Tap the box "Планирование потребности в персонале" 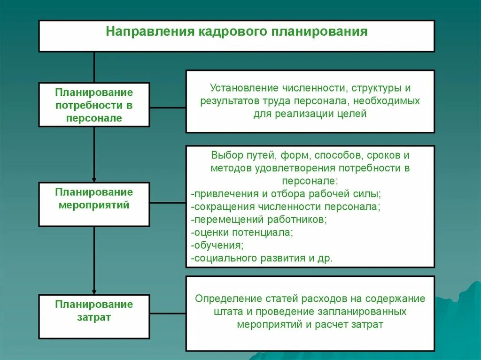94,105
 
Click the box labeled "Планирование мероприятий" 94,204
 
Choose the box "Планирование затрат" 94,316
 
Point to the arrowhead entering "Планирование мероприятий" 94,179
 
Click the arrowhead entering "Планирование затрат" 94,291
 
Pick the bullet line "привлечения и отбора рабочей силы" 287,194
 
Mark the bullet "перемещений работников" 259,219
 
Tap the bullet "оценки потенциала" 242,232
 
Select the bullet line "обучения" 218,245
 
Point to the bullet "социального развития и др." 262,258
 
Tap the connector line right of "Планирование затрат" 168,313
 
